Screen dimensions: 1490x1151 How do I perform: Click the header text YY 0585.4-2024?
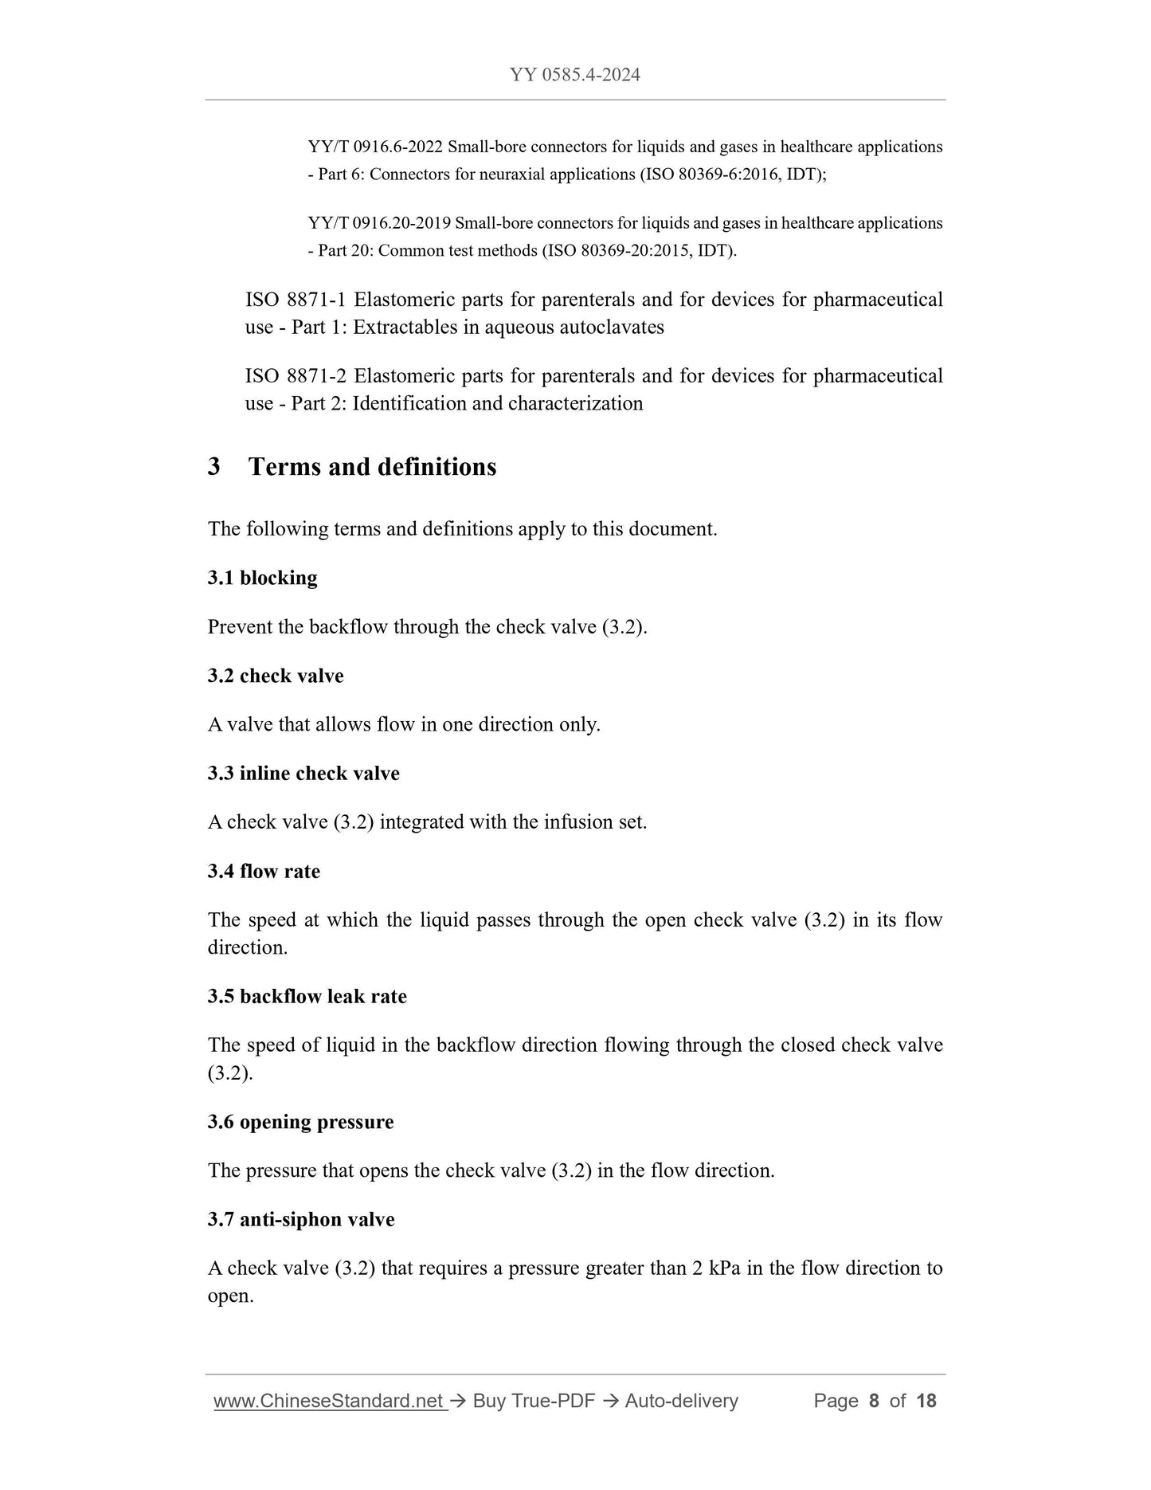coord(574,76)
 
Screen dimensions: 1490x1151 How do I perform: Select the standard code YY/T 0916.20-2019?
coord(379,224)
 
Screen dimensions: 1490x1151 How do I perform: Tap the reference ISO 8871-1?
coord(296,300)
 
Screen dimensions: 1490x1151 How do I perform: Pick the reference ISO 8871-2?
coord(296,376)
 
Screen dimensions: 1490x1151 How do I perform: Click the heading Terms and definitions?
coord(372,467)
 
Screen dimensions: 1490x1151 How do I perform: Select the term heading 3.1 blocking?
coord(262,578)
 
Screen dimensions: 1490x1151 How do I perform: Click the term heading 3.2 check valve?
coord(276,676)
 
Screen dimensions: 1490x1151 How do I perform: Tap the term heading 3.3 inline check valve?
coord(303,774)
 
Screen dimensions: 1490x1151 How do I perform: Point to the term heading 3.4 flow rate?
coord(264,872)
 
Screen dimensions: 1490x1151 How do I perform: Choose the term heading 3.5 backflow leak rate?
coord(307,997)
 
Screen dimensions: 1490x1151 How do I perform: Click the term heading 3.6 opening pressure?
coord(300,1123)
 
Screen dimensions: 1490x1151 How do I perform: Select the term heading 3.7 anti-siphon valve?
coord(301,1220)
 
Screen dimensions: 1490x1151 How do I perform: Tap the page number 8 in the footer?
coord(874,1401)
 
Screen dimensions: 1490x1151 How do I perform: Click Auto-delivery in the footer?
coord(681,1401)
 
